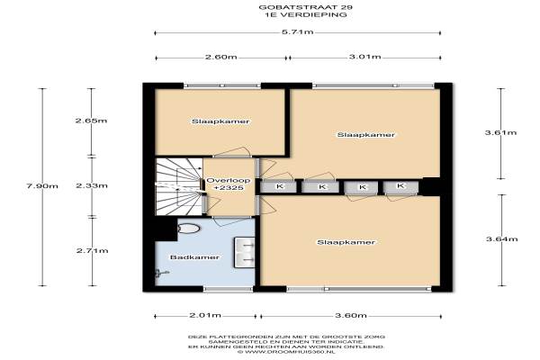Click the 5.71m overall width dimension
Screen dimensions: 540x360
coord(298,32)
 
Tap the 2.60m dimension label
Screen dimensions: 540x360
coord(221,57)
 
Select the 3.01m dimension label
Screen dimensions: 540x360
coord(365,57)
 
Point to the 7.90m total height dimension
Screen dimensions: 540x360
coord(42,186)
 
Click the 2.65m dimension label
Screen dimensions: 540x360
coord(91,121)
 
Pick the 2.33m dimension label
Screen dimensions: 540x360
coord(92,185)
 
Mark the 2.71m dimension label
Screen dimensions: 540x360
coord(93,250)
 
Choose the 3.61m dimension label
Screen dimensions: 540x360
coord(500,132)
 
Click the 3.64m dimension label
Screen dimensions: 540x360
coord(502,238)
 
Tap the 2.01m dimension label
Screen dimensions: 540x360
coord(205,315)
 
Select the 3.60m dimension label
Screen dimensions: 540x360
coord(351,316)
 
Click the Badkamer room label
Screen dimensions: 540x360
coord(194,257)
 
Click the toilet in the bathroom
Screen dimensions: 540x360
coord(189,228)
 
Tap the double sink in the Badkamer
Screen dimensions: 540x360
coord(245,253)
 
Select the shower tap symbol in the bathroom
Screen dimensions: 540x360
coord(161,274)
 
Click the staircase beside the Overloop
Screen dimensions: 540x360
coord(179,186)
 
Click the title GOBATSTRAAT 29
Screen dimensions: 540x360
coord(306,7)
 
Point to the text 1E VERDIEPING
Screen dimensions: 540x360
coord(306,14)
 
